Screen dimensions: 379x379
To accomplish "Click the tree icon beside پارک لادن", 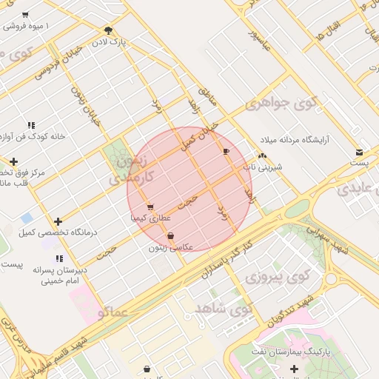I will tap(109, 30).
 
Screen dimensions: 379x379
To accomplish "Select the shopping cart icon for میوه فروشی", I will tap(26, 15).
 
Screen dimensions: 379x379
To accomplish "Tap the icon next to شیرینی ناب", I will tap(262, 156).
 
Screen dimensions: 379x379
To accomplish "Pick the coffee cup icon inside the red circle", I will tap(227, 151).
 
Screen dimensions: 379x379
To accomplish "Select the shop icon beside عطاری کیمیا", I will tap(151, 207).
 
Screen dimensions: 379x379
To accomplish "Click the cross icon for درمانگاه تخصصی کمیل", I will tap(58, 221).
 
